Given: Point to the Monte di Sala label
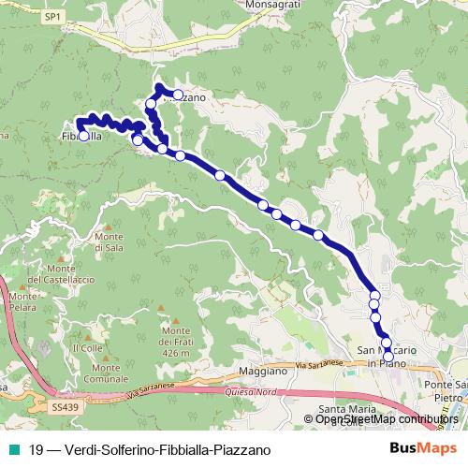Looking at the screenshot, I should pyautogui.click(x=110, y=241).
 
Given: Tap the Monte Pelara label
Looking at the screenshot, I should pyautogui.click(x=23, y=301).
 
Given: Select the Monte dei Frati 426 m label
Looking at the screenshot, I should pyautogui.click(x=181, y=342).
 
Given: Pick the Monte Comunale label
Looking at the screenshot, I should pyautogui.click(x=104, y=373).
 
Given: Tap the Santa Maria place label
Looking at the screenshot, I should pyautogui.click(x=346, y=409).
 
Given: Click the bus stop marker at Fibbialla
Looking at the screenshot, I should pyautogui.click(x=83, y=137).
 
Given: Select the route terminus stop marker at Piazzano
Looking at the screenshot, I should pyautogui.click(x=178, y=95).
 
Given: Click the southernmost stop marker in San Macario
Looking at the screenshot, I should pyautogui.click(x=388, y=357).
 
